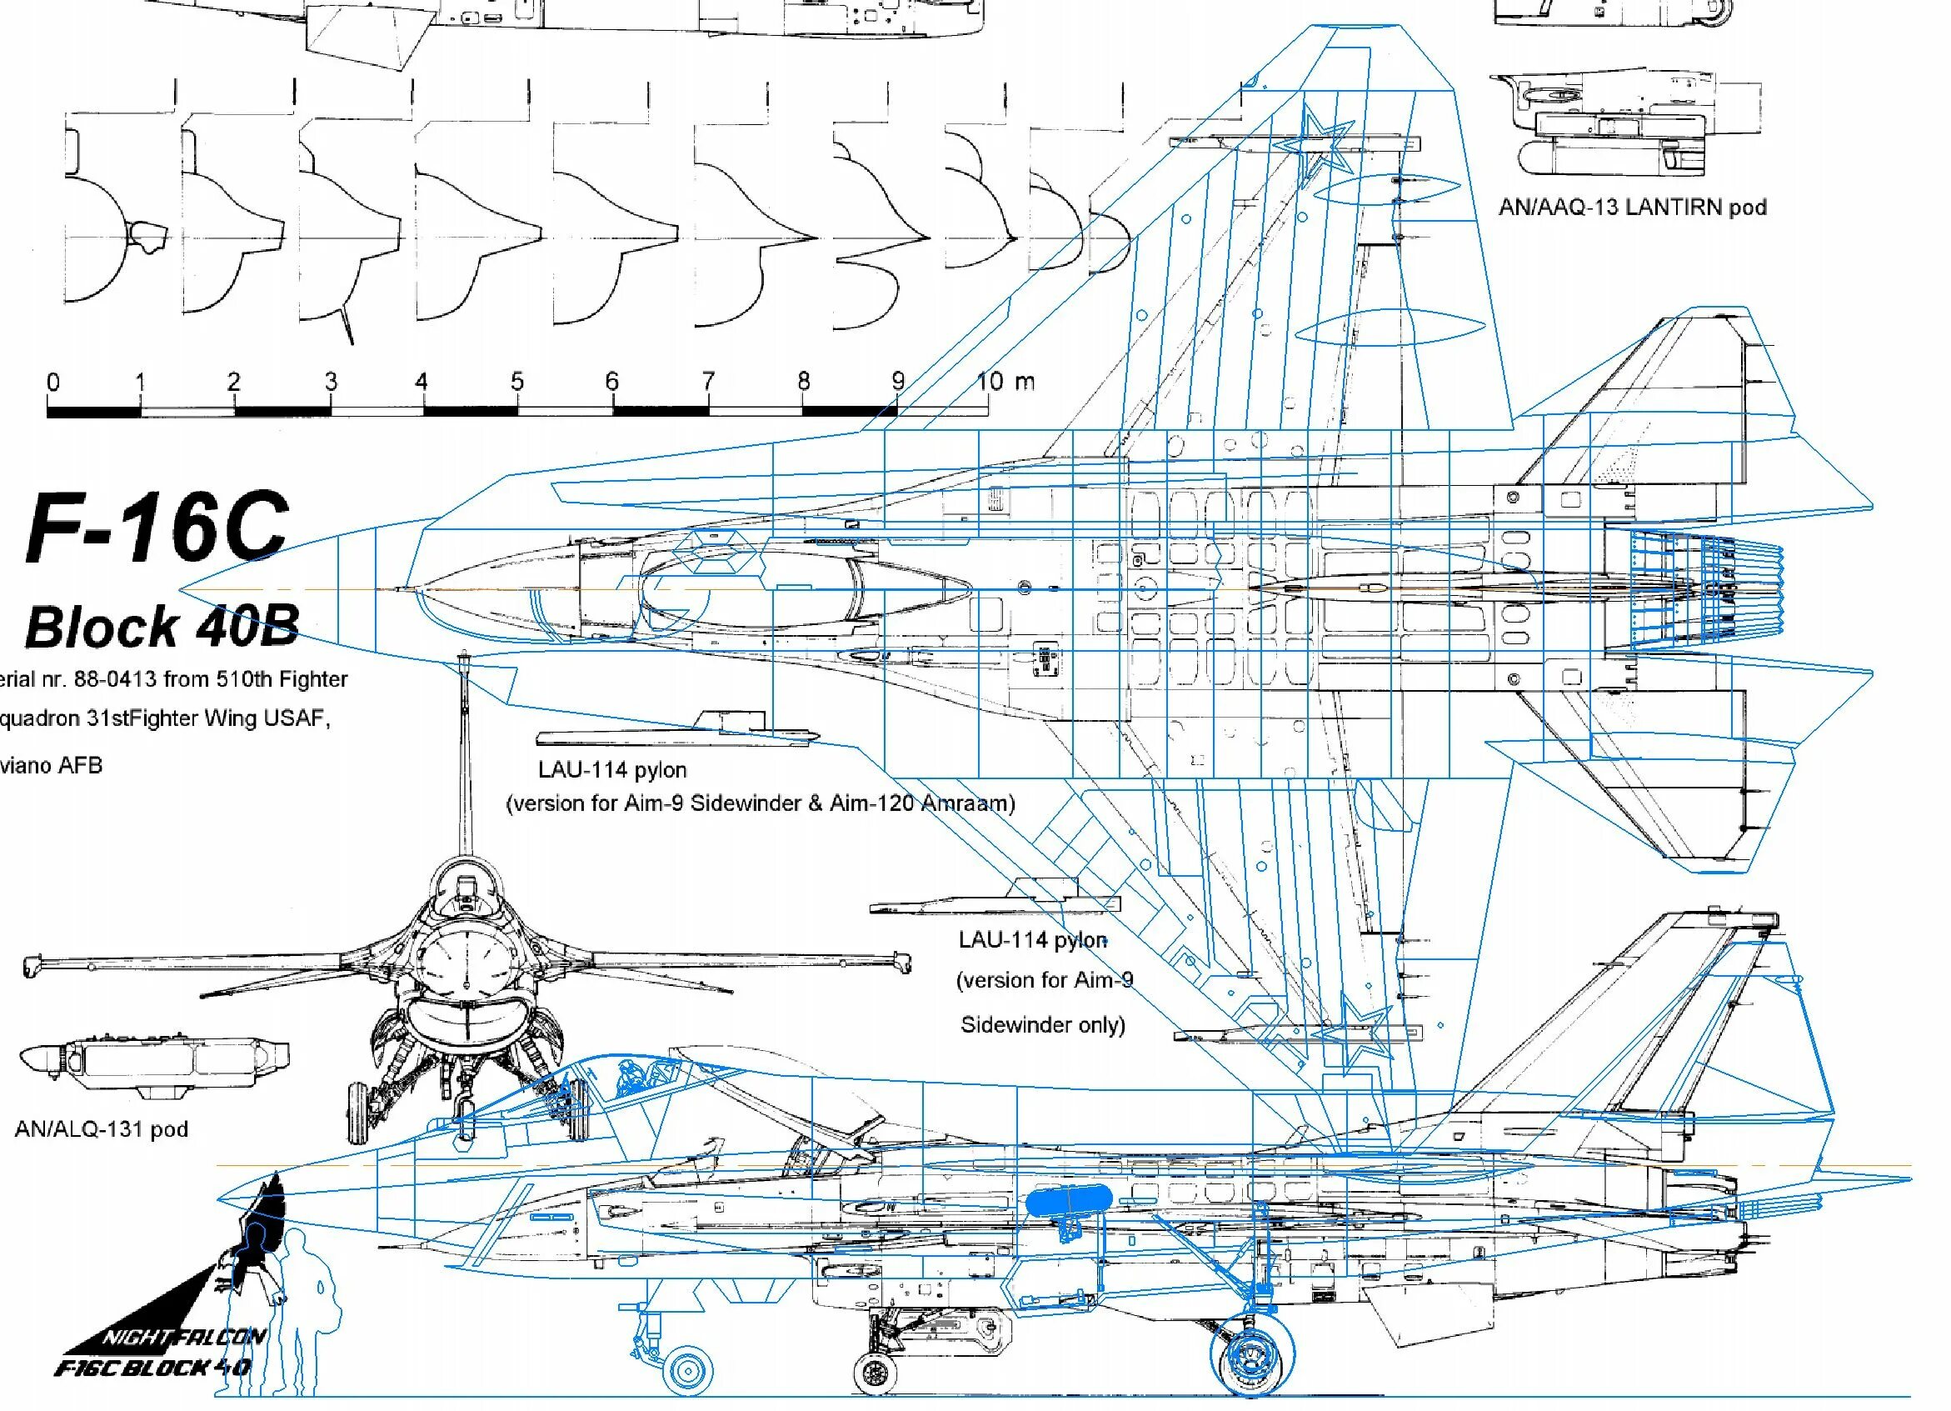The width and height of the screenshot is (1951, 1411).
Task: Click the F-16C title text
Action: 157,527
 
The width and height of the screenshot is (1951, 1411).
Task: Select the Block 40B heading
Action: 162,625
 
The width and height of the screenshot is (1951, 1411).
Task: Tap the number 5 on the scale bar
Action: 516,381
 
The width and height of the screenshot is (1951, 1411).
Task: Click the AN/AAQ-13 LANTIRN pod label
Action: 1632,208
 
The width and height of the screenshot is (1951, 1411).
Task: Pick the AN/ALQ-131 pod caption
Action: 102,1128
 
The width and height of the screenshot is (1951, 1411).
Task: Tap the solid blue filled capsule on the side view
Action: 1070,1199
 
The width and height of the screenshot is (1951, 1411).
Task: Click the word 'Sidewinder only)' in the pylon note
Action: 1043,1024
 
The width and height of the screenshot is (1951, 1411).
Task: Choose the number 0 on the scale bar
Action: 53,381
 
